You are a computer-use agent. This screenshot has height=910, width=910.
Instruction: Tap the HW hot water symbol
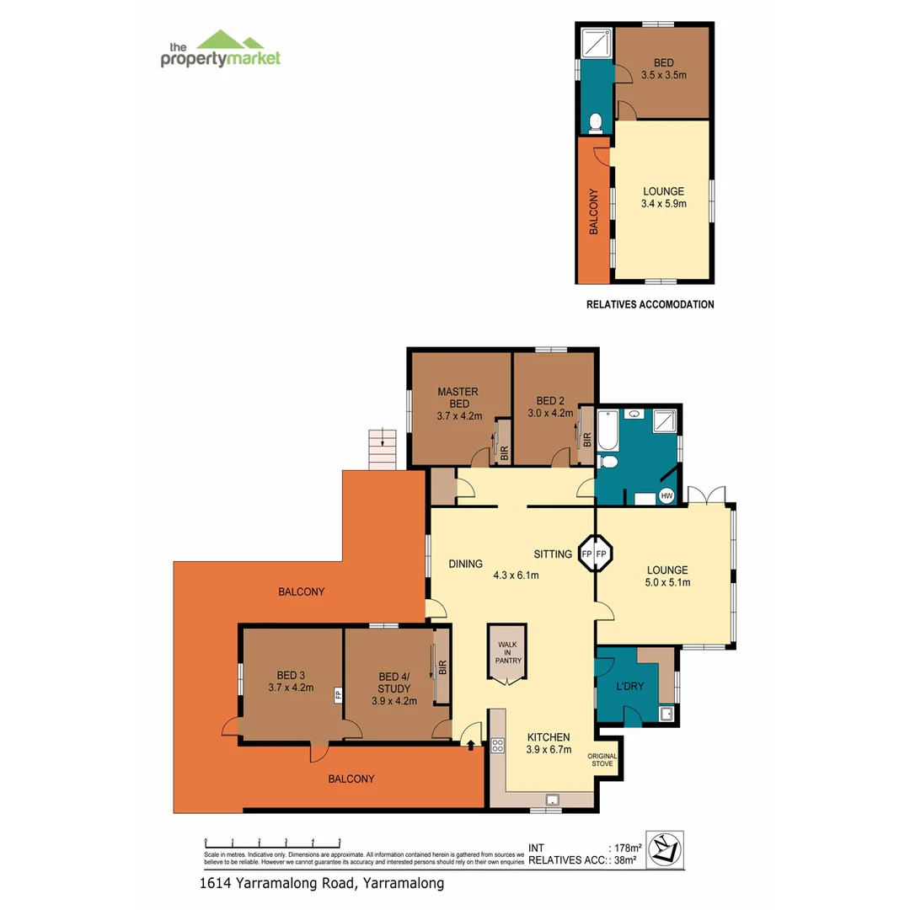(x=667, y=495)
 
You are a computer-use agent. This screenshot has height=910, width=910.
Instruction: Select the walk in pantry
(x=507, y=654)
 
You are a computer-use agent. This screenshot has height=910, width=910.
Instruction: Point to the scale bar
(x=272, y=842)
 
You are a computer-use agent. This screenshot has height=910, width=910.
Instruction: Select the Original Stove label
(x=602, y=761)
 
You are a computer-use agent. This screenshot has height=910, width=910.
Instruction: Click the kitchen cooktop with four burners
(x=497, y=745)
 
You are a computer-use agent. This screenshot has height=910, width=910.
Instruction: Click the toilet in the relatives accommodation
(x=596, y=123)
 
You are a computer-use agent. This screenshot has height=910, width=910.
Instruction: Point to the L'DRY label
(x=629, y=686)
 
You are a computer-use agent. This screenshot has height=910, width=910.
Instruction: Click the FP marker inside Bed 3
(x=337, y=695)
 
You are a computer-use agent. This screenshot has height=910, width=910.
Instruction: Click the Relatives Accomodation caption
(x=650, y=304)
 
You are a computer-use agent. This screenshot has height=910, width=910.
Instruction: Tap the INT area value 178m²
(x=625, y=848)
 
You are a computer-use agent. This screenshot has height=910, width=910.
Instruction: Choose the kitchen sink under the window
(x=552, y=800)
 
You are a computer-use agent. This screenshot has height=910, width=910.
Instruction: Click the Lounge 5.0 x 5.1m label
(x=667, y=575)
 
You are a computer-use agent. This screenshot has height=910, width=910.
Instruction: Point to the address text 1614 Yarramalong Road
(x=321, y=883)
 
